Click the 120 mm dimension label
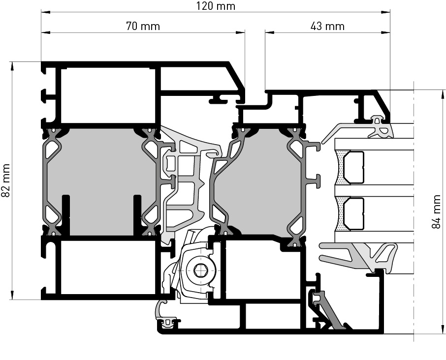click(x=216, y=6)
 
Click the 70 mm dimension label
click(x=143, y=26)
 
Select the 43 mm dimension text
click(x=328, y=26)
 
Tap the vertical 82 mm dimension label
click(x=6, y=180)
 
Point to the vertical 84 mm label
click(x=436, y=211)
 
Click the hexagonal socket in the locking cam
click(x=200, y=270)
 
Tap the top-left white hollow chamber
click(x=108, y=96)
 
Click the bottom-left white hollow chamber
click(x=108, y=268)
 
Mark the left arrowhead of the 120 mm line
click(x=45, y=12)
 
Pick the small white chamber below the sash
click(x=273, y=316)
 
